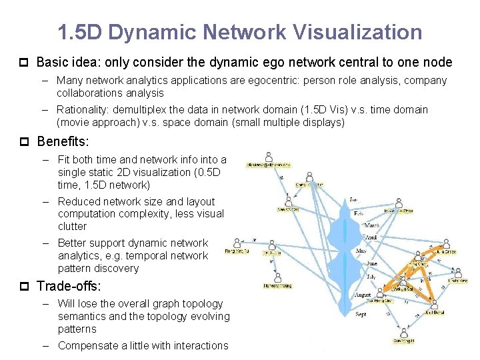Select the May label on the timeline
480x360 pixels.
tap(361, 251)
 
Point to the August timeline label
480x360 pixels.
tap(363, 294)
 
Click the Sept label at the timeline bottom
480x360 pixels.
tap(360, 313)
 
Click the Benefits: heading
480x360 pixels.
tap(64, 141)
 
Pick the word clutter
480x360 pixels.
tap(72, 226)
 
